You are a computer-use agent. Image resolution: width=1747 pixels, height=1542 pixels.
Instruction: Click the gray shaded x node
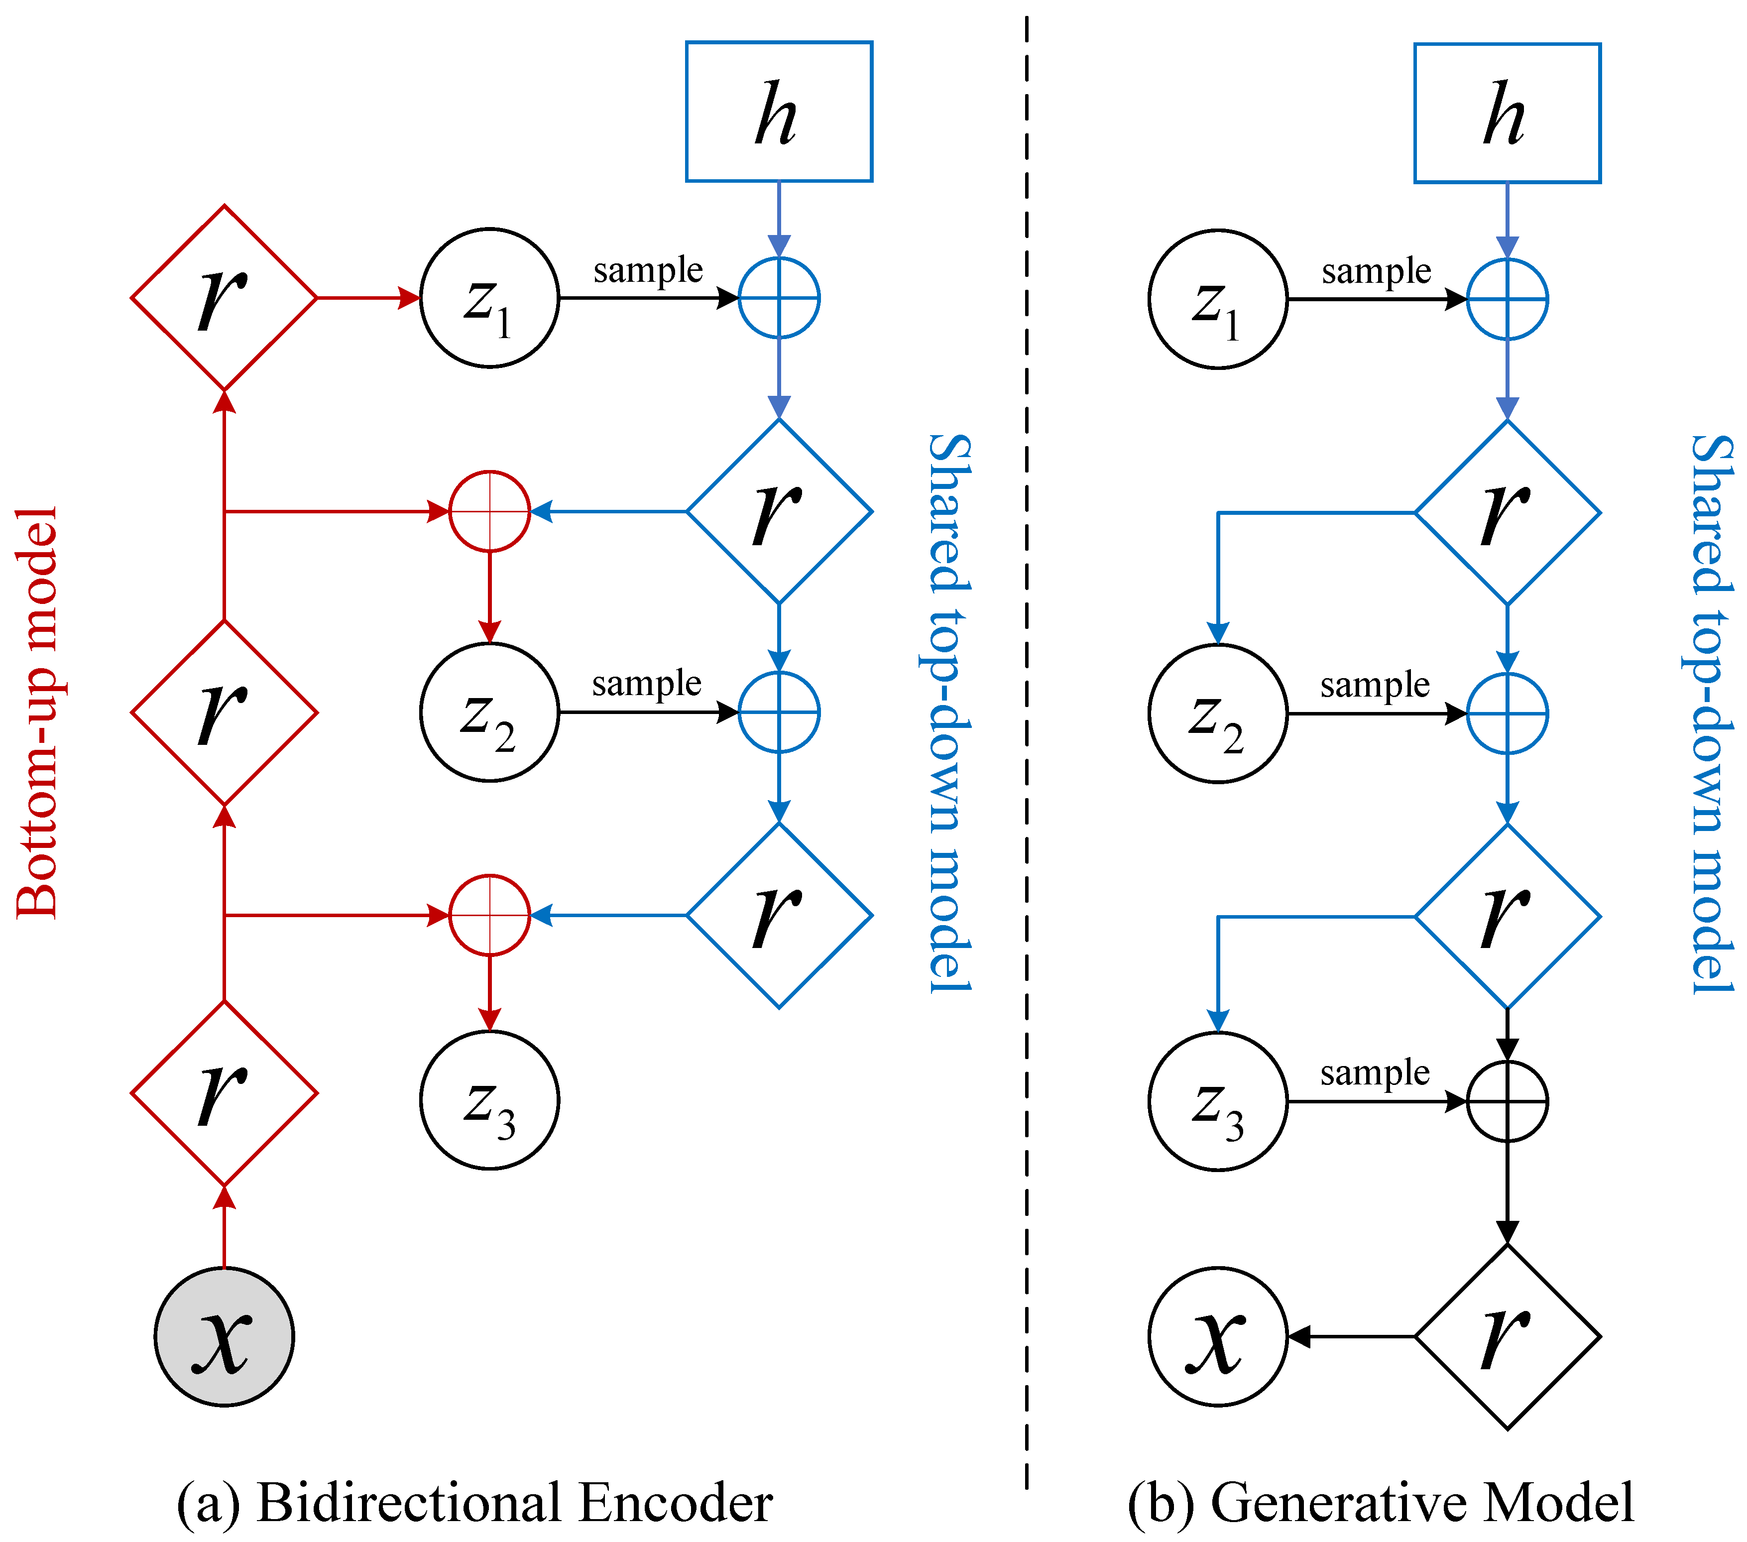coord(224,1337)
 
